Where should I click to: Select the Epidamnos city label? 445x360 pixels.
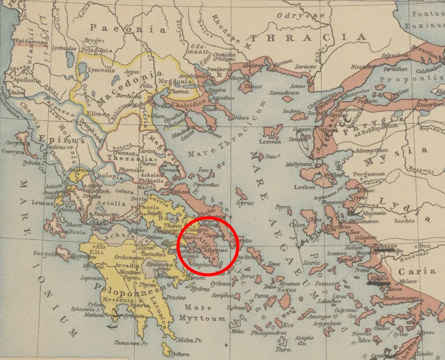point(30,41)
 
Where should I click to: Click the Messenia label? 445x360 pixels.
point(117,300)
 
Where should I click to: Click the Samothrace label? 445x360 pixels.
point(282,93)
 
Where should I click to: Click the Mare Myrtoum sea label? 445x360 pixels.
point(202,313)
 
